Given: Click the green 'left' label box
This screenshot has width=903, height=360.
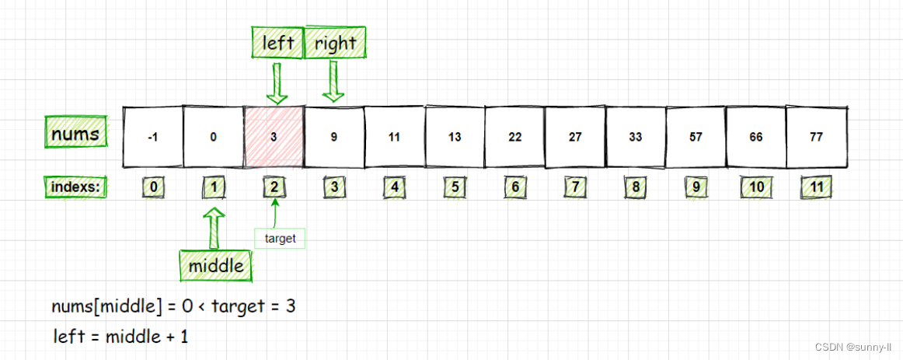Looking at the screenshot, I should click(277, 43).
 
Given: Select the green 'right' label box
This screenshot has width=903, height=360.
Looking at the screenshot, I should click(335, 44).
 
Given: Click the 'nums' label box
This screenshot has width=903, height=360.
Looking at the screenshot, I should click(75, 135).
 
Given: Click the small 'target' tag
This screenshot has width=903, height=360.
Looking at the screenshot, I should click(280, 239).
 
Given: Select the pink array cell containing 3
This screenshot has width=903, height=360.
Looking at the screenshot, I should click(274, 137).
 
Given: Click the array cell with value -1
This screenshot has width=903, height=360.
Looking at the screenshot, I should click(153, 137).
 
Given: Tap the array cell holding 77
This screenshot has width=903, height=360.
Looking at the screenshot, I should click(816, 137).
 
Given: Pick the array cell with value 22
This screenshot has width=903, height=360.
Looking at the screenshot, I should click(514, 137).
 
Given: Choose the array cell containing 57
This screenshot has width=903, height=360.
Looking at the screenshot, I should click(696, 137).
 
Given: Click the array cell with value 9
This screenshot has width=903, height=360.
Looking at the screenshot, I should click(334, 137).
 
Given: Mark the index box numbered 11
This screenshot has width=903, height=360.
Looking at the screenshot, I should click(816, 187).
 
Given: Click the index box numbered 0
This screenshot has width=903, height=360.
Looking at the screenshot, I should click(154, 187).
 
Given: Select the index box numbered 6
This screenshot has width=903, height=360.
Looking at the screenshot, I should click(515, 187).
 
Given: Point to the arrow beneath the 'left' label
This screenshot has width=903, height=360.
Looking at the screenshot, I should click(277, 83).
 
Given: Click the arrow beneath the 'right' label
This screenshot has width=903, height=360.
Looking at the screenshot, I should click(334, 82).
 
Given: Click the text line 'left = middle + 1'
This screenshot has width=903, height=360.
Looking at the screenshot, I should click(120, 337).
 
